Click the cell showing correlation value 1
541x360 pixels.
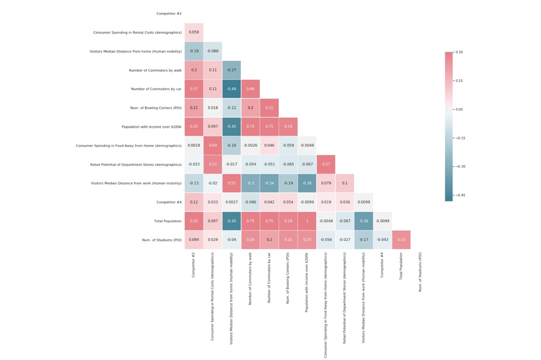306,221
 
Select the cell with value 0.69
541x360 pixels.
212,146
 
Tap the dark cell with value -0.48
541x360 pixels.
231,89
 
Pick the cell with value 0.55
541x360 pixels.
231,183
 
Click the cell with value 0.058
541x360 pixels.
194,32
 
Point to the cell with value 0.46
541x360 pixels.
250,89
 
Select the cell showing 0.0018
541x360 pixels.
194,146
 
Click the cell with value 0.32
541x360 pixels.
269,108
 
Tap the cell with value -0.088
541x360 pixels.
212,51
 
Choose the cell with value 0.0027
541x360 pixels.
231,202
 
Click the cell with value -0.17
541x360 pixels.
363,240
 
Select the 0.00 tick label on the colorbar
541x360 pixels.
459,109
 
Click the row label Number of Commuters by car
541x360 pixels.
156,89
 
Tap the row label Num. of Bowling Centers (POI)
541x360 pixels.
152,108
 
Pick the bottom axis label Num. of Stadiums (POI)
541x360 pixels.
420,272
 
